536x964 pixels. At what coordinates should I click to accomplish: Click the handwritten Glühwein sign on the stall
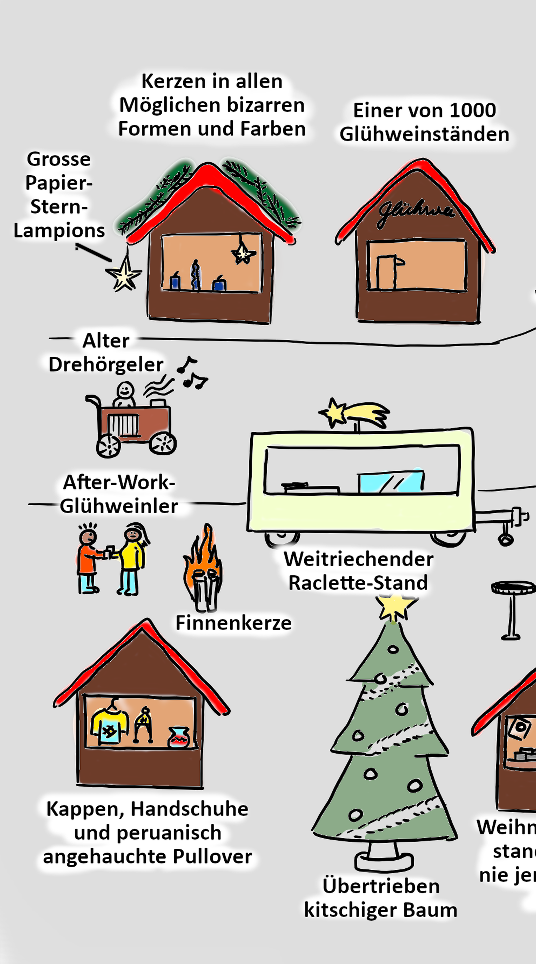pos(416,212)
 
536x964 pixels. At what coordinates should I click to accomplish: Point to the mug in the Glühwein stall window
pos(388,272)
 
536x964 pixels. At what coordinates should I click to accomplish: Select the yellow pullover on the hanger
pos(109,725)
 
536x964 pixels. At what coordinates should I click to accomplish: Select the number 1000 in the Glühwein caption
pos(472,110)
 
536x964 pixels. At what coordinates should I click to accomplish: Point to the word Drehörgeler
pos(106,365)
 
